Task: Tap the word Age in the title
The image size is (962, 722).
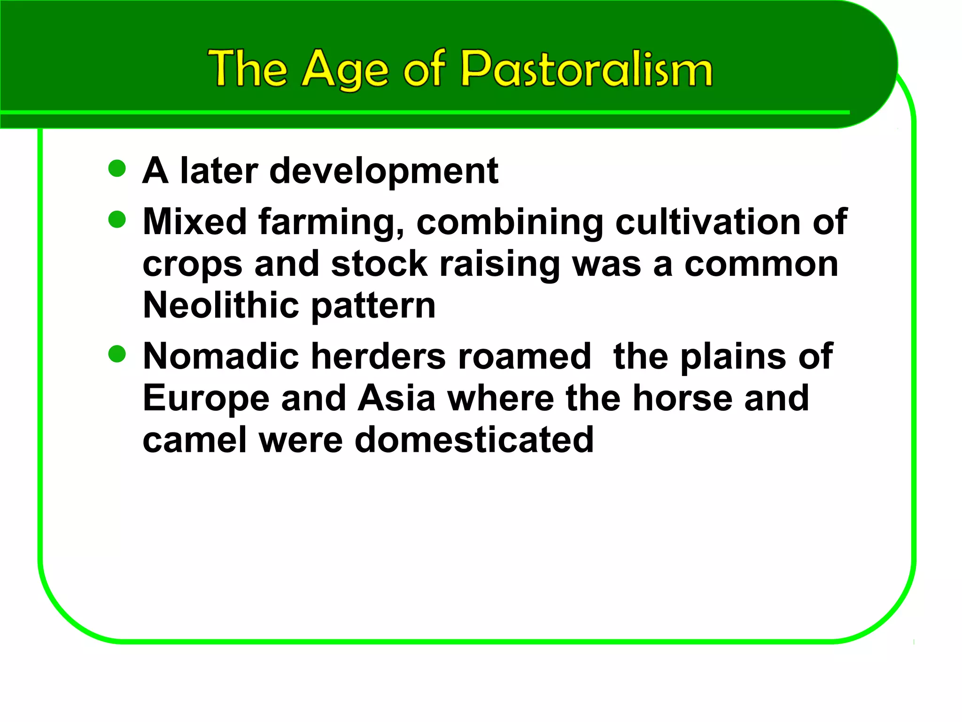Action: coord(345,71)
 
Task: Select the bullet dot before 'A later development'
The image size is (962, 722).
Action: coord(117,168)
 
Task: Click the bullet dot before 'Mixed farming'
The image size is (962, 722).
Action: coord(117,219)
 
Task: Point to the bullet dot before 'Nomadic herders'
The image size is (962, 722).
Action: coord(117,354)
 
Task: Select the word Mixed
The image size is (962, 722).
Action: coord(194,222)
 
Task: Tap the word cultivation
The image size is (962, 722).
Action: coord(707,222)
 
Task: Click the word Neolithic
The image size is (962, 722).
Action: coord(221,306)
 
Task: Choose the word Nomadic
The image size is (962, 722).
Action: coord(221,356)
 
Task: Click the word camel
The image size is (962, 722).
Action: coord(194,440)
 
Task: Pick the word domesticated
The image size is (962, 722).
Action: coord(474,440)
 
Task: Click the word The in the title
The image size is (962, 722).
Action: coord(247,70)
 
